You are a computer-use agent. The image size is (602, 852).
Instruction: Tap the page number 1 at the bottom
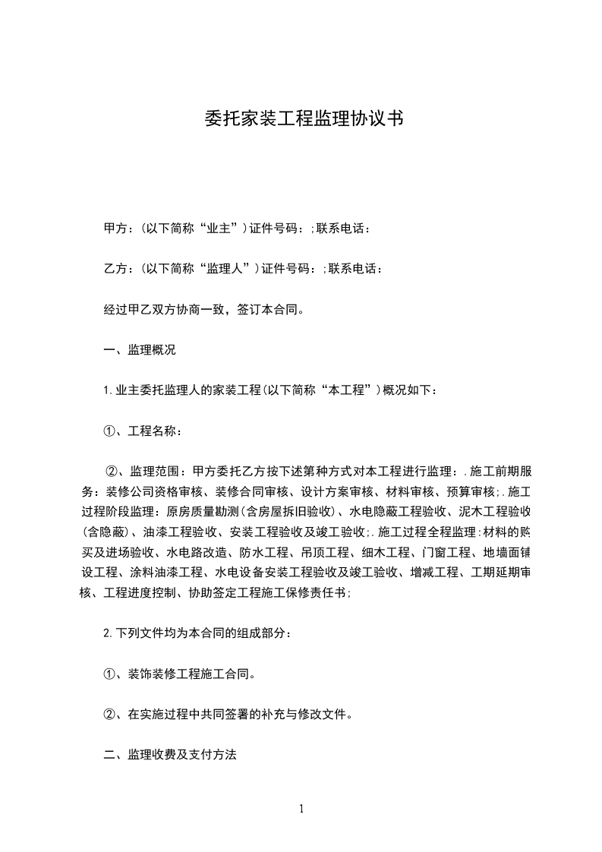(301, 808)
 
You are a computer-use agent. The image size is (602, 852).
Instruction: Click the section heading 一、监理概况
(139, 351)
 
